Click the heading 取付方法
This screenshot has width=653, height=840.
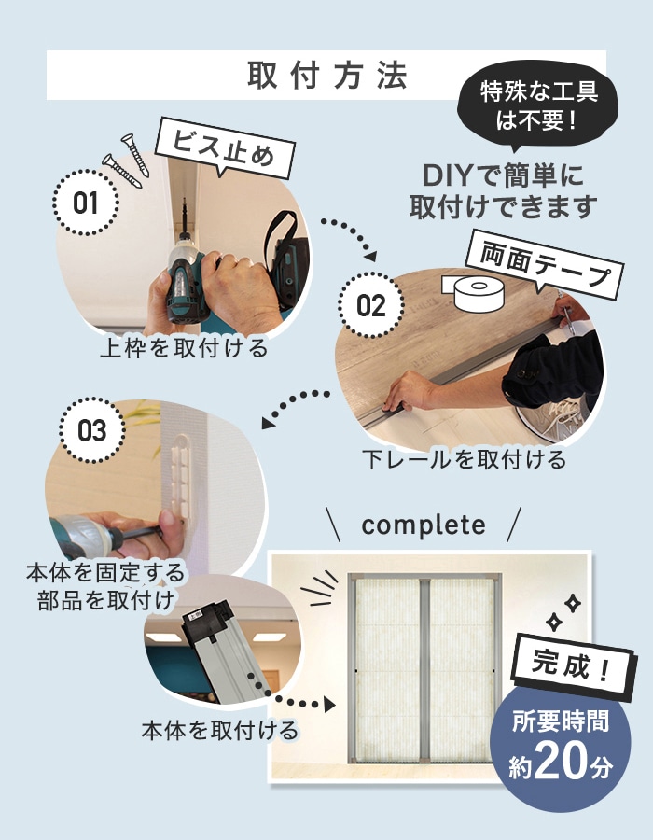coord(327,75)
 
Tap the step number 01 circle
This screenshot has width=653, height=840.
coord(86,203)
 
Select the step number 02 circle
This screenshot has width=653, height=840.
coord(370,305)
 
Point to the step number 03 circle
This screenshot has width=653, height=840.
coord(92,430)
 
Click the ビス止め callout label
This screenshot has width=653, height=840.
coord(225,147)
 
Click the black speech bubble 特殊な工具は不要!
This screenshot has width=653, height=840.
coord(537,106)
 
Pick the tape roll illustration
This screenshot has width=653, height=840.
coord(474,293)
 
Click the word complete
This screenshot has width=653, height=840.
coord(424,525)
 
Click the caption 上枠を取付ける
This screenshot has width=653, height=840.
coord(184,348)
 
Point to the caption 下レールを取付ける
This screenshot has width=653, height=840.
coord(464,459)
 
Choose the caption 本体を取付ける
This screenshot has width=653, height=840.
coord(220,730)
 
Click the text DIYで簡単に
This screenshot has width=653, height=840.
coord(503,175)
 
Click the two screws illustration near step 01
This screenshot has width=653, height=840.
coord(127,161)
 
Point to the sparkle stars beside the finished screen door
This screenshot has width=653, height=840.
coord(564,611)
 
